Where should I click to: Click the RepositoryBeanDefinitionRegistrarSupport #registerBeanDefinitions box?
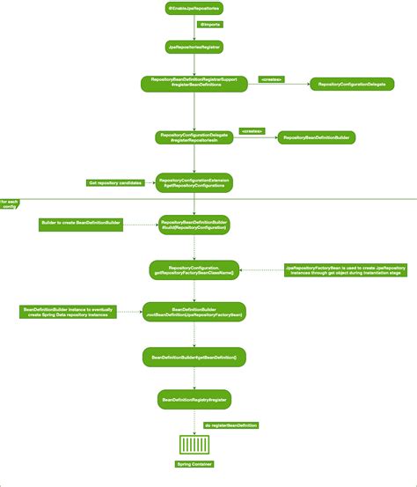tap(194, 84)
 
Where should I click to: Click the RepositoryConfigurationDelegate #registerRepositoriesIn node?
tap(194, 137)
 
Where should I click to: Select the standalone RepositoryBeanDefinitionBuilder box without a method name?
tap(317, 137)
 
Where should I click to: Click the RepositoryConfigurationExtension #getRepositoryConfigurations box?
tap(194, 182)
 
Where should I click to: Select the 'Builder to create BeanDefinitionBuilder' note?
tap(82, 225)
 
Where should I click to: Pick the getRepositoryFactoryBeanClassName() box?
tap(194, 269)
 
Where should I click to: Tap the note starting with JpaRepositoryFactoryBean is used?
tap(345, 269)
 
